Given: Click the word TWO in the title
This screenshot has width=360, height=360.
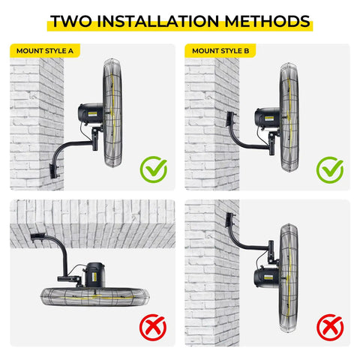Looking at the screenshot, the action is coord(71,21).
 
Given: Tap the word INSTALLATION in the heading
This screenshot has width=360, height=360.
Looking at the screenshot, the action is coord(157,21).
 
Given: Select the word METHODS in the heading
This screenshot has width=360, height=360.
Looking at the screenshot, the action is coord(267,21).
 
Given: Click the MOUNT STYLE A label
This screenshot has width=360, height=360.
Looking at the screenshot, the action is coord(45,51).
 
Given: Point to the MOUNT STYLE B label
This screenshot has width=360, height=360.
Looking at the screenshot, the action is coord(220,51).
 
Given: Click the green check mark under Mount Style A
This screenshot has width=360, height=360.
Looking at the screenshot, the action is coord(154,169).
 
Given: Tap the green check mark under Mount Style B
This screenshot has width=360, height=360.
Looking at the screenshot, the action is coord(330,169).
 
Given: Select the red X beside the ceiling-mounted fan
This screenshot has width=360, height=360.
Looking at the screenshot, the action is coord(153,328).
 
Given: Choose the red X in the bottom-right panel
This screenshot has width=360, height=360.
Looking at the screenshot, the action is coord(330,328).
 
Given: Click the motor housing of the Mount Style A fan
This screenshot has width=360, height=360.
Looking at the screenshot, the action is coord(90,114).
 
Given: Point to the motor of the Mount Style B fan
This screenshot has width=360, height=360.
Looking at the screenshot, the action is coord(267,118).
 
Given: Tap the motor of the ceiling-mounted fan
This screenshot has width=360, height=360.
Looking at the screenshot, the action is coord(94,274).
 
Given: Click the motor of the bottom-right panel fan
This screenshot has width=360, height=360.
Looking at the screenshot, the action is coord(266,277).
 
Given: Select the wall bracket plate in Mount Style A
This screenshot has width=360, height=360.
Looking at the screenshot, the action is coord(54,171).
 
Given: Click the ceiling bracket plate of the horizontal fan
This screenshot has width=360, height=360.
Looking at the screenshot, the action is coord(37,236).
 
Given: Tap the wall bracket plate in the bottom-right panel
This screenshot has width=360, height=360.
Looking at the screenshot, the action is coord(229,220).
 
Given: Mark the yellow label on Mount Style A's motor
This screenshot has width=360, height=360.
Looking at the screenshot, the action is coord(92,114).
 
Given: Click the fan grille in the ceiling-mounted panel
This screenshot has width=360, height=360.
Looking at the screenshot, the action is coord(95,297).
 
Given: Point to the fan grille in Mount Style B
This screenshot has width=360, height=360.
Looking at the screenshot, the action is coord(289,118).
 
